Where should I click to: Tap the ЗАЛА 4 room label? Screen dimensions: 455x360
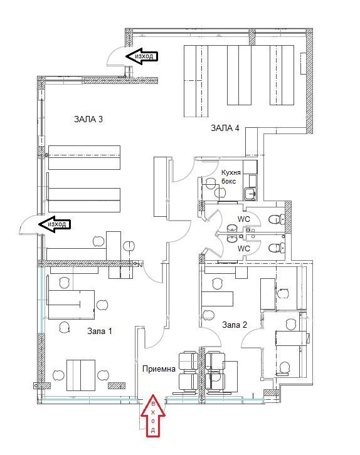coord(225,128)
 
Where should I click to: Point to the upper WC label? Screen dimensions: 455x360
coord(244,219)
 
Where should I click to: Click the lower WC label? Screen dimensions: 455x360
coord(244,248)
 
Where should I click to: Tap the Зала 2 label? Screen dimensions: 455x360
coord(235,325)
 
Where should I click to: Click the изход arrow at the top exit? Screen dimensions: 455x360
coord(142,56)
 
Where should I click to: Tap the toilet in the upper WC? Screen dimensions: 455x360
coord(273,219)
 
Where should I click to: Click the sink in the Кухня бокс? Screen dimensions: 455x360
coord(251,194)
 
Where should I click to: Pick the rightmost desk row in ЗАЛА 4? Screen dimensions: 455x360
coord(282,75)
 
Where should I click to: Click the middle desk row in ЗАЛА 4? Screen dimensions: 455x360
coord(238,75)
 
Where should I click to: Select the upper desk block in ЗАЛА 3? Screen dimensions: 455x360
coord(84,157)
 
